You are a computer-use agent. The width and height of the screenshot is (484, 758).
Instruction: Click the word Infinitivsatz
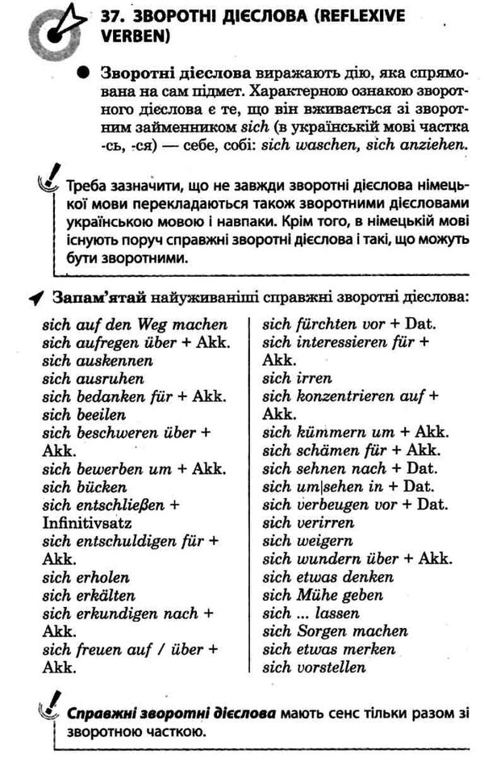click(x=85, y=523)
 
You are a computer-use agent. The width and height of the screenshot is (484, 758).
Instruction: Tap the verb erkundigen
click(x=119, y=614)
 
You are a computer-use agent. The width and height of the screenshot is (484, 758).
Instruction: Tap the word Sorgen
click(x=324, y=631)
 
